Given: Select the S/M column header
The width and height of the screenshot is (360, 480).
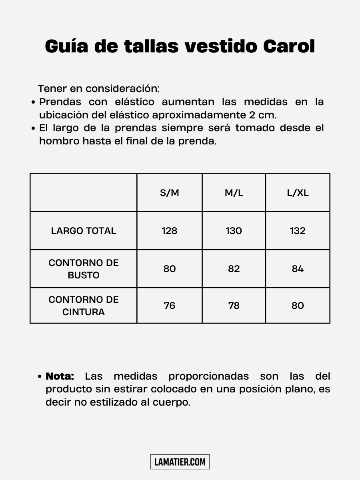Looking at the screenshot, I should (x=170, y=193).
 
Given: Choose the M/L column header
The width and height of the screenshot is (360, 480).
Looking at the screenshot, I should (x=234, y=193).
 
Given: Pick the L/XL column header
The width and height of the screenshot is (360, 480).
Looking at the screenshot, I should (x=298, y=193).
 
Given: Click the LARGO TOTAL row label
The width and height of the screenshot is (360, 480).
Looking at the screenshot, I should (x=84, y=231).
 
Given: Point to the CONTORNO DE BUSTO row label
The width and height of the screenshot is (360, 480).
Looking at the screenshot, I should (x=84, y=269).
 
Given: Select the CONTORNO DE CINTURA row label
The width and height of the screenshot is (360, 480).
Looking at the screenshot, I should (x=84, y=306).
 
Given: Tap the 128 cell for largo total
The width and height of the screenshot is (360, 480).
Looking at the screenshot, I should (x=170, y=231).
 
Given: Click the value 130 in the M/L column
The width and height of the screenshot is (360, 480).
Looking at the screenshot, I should (x=234, y=231).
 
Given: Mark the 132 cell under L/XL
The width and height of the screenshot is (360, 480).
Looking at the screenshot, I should (x=298, y=231).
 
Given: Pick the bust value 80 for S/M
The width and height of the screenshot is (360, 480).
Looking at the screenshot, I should (x=170, y=269).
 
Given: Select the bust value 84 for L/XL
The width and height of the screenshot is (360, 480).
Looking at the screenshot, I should (x=298, y=269).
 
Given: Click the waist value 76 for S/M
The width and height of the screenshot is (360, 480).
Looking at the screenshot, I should (x=170, y=306).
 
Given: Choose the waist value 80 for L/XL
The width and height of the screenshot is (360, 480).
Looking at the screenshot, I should (x=298, y=306).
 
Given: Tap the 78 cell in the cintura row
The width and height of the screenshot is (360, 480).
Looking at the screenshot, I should (x=234, y=306).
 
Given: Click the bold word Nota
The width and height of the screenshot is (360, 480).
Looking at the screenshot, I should (x=60, y=376).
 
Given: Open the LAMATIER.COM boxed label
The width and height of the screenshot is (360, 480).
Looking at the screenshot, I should (x=180, y=462).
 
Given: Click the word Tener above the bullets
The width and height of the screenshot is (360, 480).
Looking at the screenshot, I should (x=52, y=88).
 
